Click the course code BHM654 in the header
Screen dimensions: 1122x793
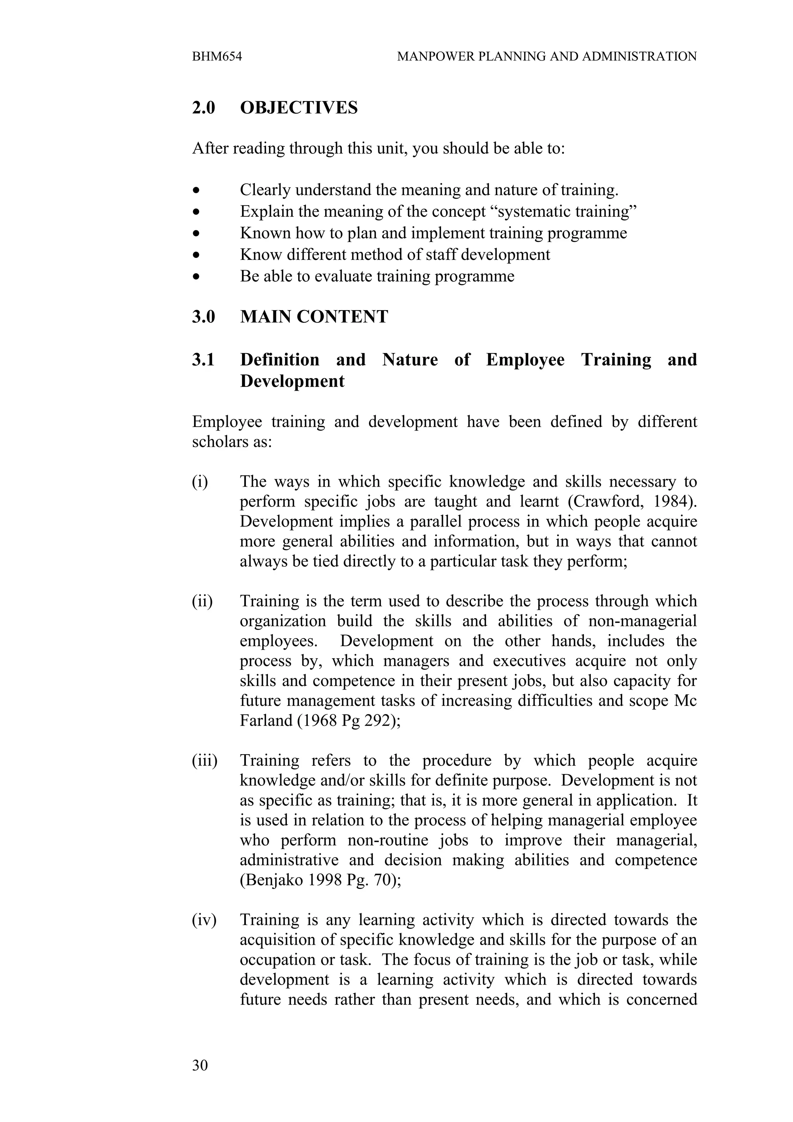tap(217, 57)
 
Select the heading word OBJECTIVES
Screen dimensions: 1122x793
tap(299, 108)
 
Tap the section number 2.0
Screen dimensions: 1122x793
tap(203, 108)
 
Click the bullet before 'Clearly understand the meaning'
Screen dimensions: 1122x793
tap(196, 190)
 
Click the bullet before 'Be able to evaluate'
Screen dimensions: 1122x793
tap(196, 276)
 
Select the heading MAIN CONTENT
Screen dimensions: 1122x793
tap(314, 317)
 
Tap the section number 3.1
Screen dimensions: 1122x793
tap(203, 360)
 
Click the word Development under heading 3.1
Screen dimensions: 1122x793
tap(292, 381)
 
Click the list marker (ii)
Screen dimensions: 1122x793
tap(202, 601)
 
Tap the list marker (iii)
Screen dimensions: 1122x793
tap(204, 761)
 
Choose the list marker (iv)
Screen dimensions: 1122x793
tap(204, 920)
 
